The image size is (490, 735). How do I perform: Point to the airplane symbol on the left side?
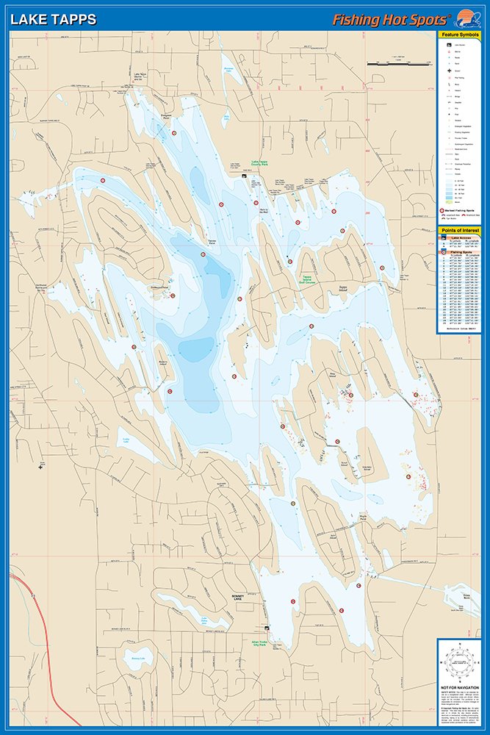(x=40, y=466)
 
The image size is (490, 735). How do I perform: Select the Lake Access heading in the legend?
(x=460, y=238)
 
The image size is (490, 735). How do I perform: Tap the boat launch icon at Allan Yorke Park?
(x=267, y=628)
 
